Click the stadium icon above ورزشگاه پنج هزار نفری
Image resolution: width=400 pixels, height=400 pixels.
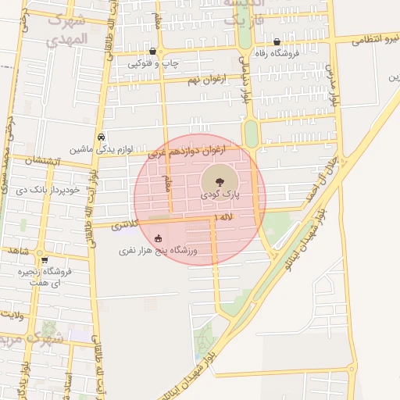(x=159, y=239)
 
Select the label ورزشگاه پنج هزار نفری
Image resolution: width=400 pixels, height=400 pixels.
(x=159, y=252)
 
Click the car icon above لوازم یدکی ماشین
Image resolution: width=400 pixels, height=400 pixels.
(x=102, y=136)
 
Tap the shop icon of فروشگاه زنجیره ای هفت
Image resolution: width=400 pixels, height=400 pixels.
(x=45, y=260)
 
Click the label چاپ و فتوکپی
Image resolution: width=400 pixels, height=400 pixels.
(x=153, y=63)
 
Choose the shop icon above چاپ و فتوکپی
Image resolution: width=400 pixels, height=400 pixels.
(x=152, y=51)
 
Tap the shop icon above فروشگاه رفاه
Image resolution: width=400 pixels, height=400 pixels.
(x=277, y=41)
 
